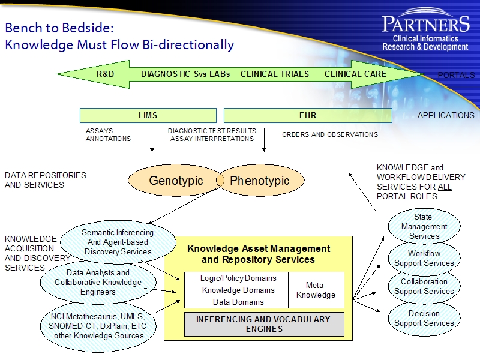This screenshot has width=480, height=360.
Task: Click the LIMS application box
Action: point(148,115)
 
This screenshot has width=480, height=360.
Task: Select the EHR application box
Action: point(307,115)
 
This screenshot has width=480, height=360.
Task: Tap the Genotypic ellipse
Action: point(175,181)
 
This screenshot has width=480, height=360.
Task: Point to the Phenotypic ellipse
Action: point(260,181)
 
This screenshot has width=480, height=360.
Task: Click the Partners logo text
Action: point(425,25)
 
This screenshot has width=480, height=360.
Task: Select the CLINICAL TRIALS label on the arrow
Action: point(275,74)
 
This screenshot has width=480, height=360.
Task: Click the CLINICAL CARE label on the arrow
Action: point(355,74)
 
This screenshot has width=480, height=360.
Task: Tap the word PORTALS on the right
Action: point(456,76)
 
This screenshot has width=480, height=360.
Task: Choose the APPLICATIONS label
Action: point(445,115)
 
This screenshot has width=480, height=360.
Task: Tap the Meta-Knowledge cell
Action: point(316,290)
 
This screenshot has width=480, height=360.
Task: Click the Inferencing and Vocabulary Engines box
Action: point(263,324)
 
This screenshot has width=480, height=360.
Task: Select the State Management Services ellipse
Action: point(424,227)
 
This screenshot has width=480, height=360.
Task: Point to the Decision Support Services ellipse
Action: point(424,318)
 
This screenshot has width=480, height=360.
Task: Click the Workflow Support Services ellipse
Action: point(424,259)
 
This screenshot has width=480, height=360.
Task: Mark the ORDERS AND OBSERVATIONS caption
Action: point(330,135)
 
